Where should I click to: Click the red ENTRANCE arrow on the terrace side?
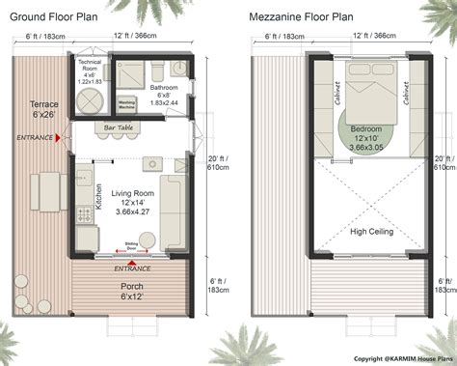click(x=58, y=138)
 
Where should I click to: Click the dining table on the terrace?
click(x=41, y=189)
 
